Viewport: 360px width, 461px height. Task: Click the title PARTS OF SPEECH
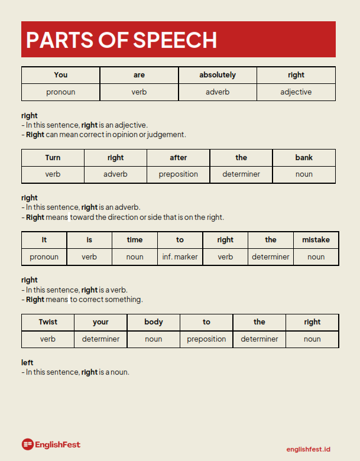[121, 40]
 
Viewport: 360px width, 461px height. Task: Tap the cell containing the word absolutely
[218, 75]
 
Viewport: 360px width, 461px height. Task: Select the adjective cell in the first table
[296, 92]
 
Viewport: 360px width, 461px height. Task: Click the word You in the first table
[61, 75]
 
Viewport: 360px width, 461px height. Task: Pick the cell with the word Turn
[53, 158]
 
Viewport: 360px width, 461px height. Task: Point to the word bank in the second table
[304, 158]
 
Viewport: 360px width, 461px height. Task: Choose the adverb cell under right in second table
[115, 174]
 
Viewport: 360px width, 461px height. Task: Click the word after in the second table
[179, 158]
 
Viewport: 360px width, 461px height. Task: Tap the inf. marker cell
[180, 257]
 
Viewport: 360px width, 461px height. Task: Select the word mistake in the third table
[316, 240]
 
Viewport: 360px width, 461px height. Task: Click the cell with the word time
[135, 240]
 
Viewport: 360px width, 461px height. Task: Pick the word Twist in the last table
[48, 322]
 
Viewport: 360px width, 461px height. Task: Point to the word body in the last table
[154, 322]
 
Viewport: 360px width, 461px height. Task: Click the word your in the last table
[101, 322]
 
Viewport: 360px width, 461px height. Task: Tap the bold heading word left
[27, 362]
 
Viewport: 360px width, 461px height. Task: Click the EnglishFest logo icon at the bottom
[27, 444]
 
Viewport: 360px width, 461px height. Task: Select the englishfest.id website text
[308, 450]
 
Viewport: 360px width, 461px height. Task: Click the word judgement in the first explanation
[168, 135]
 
